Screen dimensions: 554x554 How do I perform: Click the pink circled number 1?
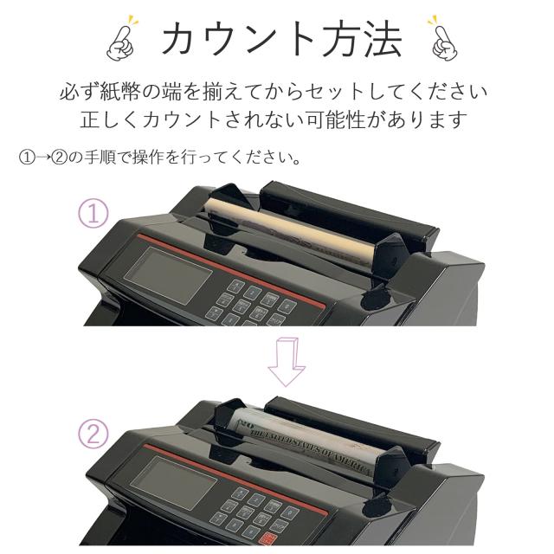click(93, 213)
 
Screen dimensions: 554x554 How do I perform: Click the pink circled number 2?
click(93, 433)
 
